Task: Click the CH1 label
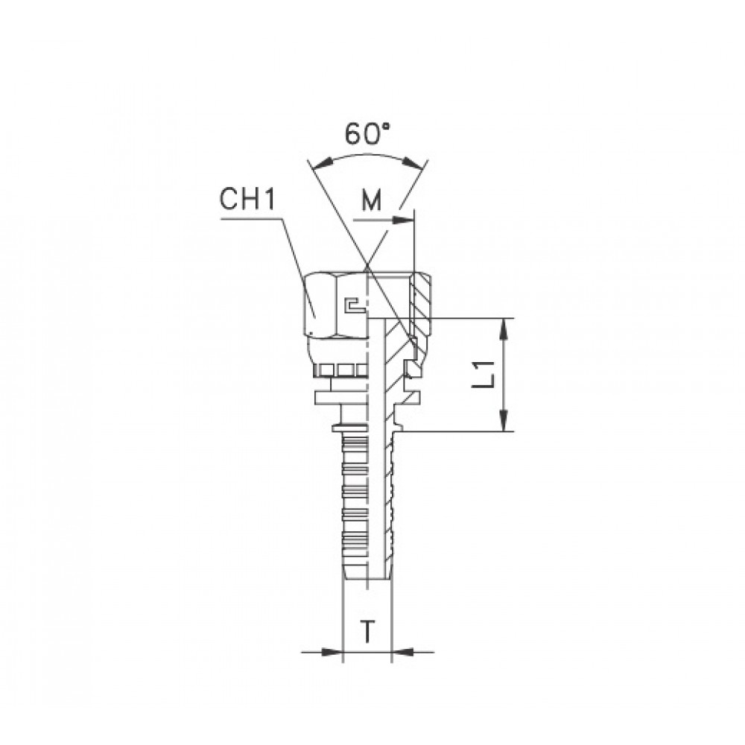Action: coord(247,200)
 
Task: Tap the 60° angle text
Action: coord(367,134)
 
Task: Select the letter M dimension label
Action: coord(372,201)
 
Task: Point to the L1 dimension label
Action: coord(484,374)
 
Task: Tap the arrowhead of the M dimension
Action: coord(403,220)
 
